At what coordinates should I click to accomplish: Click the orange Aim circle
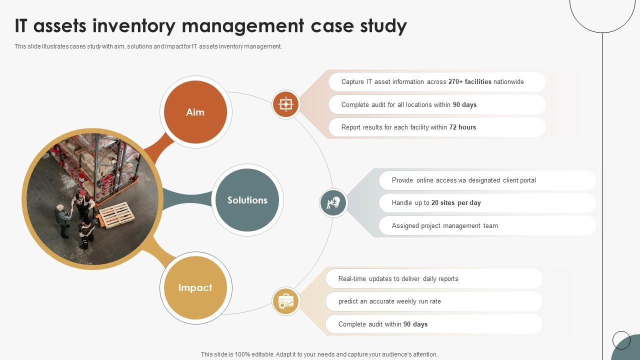click(x=195, y=112)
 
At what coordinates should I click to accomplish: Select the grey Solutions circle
click(x=247, y=200)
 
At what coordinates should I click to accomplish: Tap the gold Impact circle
click(x=195, y=287)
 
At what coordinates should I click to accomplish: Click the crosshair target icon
click(x=286, y=104)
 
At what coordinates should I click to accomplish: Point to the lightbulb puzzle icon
click(x=333, y=203)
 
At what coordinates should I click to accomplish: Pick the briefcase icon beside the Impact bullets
click(x=286, y=301)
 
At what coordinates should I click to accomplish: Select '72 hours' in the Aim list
click(x=462, y=127)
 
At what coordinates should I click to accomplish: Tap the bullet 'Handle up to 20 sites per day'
click(x=436, y=203)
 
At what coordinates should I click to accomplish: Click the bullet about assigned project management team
click(x=444, y=226)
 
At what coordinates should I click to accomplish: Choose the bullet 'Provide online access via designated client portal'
click(x=463, y=180)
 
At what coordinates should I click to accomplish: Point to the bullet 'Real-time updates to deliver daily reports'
click(x=398, y=279)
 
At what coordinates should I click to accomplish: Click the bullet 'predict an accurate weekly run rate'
click(x=389, y=301)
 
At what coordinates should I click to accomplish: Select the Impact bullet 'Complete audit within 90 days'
click(x=382, y=324)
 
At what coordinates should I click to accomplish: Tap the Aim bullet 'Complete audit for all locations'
click(x=408, y=105)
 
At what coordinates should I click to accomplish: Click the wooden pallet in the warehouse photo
click(x=116, y=215)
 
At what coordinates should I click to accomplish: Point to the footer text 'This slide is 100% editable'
click(x=319, y=354)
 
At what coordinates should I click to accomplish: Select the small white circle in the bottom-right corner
click(x=621, y=340)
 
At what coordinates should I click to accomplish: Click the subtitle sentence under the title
click(x=148, y=46)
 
